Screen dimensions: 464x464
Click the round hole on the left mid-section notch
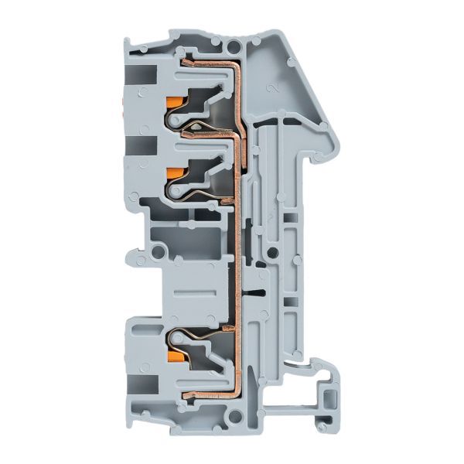click(159, 251)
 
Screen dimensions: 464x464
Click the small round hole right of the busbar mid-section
click(271, 251)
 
